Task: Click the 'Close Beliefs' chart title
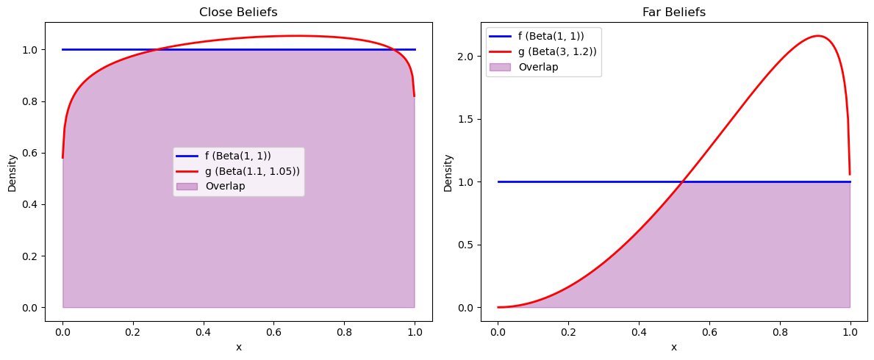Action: (x=238, y=12)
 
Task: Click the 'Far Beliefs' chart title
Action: (x=673, y=12)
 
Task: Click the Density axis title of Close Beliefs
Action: (x=12, y=173)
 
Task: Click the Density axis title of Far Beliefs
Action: (x=448, y=173)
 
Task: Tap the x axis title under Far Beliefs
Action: (x=673, y=347)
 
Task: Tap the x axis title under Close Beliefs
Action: (x=238, y=347)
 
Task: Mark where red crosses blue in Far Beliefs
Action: (x=684, y=181)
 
